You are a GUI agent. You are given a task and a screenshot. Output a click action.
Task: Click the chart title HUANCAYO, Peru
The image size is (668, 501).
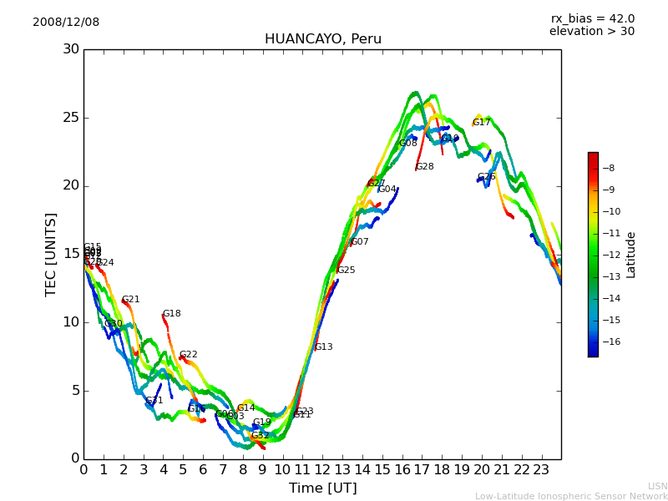322,39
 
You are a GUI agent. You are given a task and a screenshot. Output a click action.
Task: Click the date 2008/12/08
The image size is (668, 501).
66,23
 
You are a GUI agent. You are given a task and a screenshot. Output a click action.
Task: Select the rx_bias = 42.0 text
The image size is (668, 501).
592,19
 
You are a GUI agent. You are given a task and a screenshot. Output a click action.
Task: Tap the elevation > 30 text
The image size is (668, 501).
591,32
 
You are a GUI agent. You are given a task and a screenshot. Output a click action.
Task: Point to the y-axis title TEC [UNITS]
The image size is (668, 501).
52,254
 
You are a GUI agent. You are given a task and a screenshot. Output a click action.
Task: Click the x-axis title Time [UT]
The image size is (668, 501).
322,488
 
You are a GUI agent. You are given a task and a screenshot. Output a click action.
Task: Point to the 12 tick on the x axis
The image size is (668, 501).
322,470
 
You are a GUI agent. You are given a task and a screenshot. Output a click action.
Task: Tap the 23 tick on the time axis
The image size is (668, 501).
541,470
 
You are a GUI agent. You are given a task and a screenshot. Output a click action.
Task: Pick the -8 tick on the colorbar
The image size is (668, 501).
610,168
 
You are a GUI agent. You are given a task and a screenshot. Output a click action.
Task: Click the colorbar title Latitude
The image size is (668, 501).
631,255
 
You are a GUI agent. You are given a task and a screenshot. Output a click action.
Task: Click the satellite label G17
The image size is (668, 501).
482,123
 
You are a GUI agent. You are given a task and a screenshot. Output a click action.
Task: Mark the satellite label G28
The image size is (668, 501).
425,167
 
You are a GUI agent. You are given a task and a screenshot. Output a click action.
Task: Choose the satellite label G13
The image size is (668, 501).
324,347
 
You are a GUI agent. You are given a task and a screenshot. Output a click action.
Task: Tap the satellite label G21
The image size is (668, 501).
131,300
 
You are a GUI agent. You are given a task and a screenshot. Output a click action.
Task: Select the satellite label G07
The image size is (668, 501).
360,242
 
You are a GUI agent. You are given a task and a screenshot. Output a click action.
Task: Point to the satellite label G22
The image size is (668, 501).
189,355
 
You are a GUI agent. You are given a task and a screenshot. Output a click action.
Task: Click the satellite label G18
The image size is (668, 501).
172,314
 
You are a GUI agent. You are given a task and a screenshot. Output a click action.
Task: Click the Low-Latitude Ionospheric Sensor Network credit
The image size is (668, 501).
571,496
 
